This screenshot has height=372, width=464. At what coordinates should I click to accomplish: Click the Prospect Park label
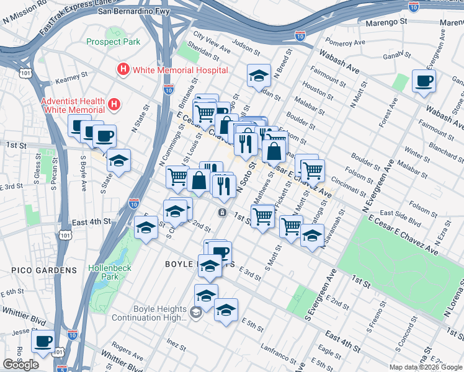click(114, 42)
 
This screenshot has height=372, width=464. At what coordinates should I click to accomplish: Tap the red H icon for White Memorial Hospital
click(123, 69)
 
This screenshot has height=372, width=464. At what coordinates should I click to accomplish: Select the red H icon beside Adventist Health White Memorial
click(114, 105)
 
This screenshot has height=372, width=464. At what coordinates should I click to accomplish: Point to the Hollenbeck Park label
click(103, 272)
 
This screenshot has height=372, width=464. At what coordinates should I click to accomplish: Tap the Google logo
click(20, 365)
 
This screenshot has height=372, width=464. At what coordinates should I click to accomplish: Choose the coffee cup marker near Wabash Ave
click(424, 81)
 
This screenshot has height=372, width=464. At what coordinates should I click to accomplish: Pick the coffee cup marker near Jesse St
click(43, 340)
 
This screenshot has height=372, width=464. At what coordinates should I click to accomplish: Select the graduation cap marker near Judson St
click(259, 76)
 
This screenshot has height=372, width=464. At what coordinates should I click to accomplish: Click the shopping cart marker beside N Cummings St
click(177, 177)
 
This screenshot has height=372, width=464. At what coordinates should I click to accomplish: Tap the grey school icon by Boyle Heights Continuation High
click(195, 313)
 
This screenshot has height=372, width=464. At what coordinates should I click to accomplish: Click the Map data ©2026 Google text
click(425, 367)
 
